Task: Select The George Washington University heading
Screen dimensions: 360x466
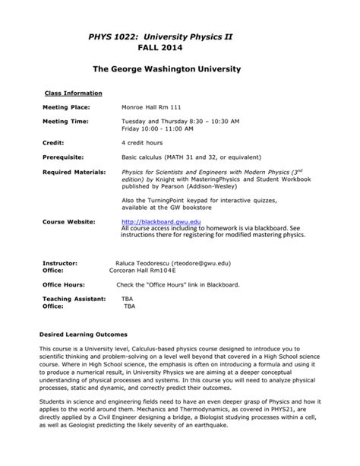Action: [166, 69]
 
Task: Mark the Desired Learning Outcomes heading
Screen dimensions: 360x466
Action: [83, 334]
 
